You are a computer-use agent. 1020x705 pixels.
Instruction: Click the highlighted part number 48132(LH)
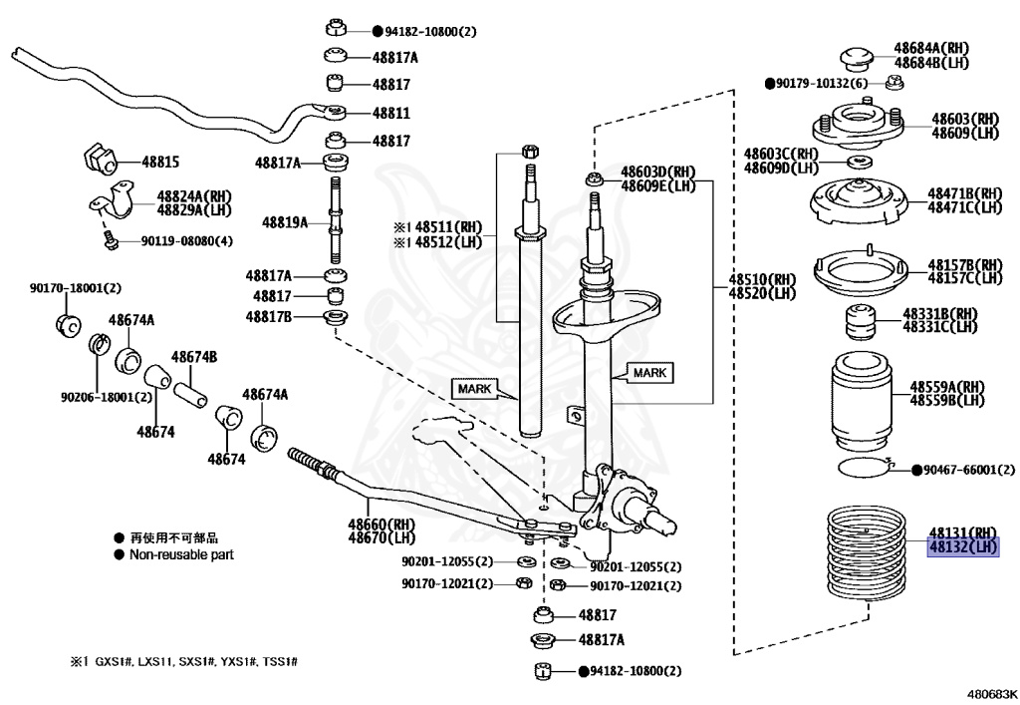962,547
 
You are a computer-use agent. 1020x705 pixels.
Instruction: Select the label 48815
159,161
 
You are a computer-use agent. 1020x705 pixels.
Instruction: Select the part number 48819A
285,222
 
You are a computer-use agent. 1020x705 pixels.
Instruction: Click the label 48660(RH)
380,525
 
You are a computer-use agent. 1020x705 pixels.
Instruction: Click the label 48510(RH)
762,279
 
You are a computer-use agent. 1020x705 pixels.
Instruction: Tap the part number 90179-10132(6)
822,83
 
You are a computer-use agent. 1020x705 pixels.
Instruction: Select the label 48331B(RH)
940,313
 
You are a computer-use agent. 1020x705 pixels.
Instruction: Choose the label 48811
391,114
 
